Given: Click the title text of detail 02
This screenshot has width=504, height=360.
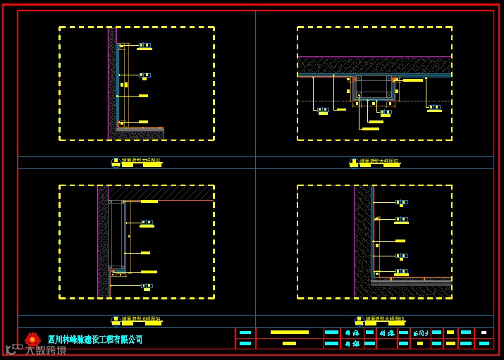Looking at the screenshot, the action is (x=141, y=161).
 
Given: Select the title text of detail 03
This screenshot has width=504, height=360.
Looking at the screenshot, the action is (x=379, y=161).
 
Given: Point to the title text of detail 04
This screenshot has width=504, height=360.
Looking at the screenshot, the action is (x=141, y=319).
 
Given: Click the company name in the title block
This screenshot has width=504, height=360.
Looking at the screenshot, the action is (x=95, y=340).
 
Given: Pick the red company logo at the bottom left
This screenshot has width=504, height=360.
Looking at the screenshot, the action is (x=32, y=339).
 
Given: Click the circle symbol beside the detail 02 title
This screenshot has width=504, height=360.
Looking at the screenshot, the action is (x=116, y=162).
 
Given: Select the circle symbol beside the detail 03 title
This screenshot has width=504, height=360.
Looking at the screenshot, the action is (x=354, y=162).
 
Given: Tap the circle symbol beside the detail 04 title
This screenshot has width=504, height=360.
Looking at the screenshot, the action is (x=116, y=320).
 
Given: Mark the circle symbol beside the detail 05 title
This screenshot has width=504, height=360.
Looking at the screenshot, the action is (x=359, y=320).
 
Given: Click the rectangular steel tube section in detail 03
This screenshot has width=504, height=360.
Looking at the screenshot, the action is (x=374, y=87).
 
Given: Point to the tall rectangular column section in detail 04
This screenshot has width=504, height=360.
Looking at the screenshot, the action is (x=116, y=235).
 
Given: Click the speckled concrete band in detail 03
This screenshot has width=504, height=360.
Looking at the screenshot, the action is (x=374, y=66).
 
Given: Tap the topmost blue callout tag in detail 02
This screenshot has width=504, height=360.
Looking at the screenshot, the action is (x=145, y=45).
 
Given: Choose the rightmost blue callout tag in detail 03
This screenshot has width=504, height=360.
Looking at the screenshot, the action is (x=434, y=107).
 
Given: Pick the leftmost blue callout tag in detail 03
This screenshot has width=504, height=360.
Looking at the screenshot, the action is (x=323, y=109).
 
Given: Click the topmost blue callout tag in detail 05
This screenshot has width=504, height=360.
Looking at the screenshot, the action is (x=401, y=202).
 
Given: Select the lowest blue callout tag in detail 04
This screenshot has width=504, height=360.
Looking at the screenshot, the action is (x=147, y=286).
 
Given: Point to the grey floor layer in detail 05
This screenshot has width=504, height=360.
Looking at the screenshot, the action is (x=412, y=283).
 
